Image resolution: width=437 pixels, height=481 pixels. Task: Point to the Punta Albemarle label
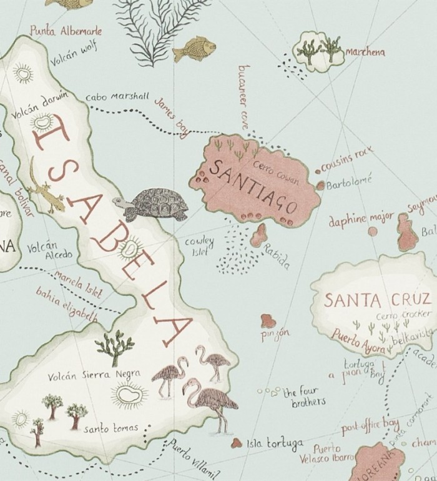pos(66,31)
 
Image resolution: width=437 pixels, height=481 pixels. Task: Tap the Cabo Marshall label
pos(117,97)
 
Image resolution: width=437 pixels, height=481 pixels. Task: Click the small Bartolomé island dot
pos(321,186)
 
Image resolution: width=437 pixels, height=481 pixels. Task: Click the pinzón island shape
pos(268,320)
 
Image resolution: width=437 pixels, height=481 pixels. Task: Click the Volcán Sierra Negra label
pos(94,375)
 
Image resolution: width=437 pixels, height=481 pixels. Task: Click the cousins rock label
pos(347,161)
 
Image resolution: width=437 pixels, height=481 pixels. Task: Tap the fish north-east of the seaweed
pos(194,49)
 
